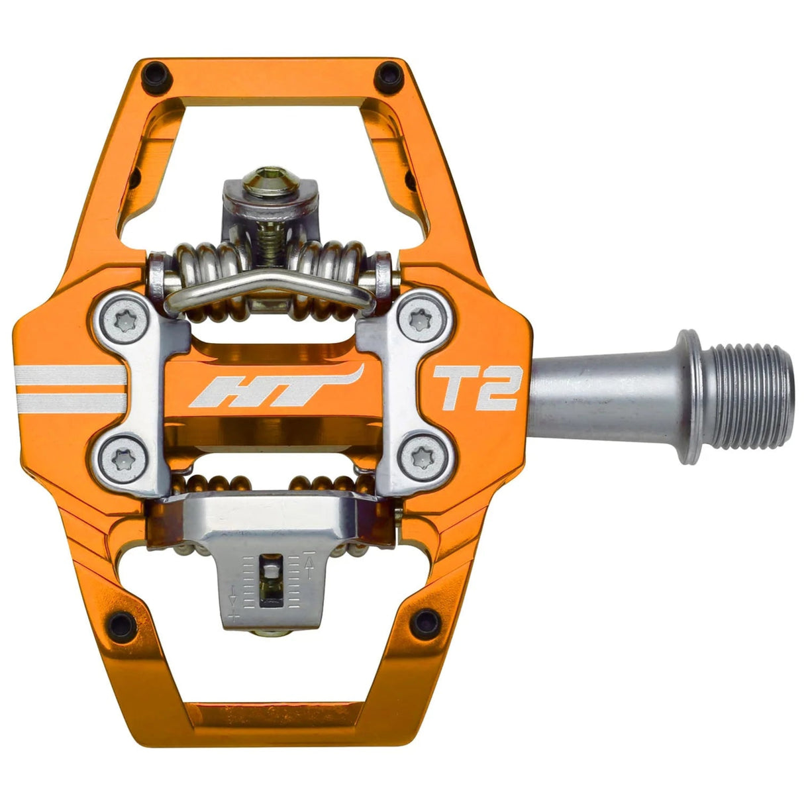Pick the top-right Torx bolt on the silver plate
click(420, 321)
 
